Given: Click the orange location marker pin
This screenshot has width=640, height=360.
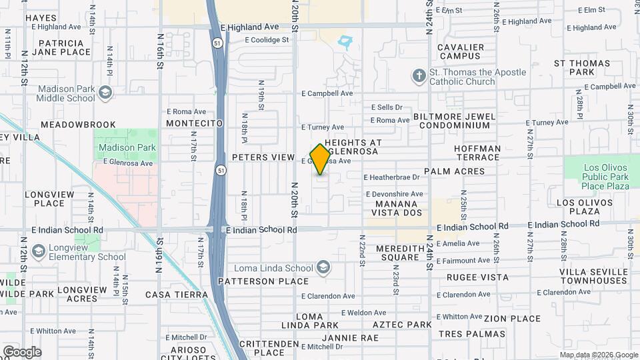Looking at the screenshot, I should point(321,159).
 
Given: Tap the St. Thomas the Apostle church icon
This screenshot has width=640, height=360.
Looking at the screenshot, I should point(419,77).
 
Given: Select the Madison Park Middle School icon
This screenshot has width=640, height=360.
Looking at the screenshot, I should point(105,93).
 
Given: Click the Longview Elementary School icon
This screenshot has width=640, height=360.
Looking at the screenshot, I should point(38,251).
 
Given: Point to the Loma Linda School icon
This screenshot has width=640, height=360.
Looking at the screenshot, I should point(323,268).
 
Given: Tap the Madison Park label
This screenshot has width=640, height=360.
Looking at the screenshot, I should point(127,147).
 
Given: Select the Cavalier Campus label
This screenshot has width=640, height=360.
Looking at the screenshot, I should point(461,52).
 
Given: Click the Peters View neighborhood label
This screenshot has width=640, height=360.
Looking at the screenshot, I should point(263,157).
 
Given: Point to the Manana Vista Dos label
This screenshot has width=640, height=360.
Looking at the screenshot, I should point(399,208).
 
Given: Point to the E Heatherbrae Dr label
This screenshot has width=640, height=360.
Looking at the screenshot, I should point(392,177).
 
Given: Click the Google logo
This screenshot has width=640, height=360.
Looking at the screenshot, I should point(22,352).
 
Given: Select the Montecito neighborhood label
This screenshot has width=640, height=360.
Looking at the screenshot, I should point(194,124).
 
